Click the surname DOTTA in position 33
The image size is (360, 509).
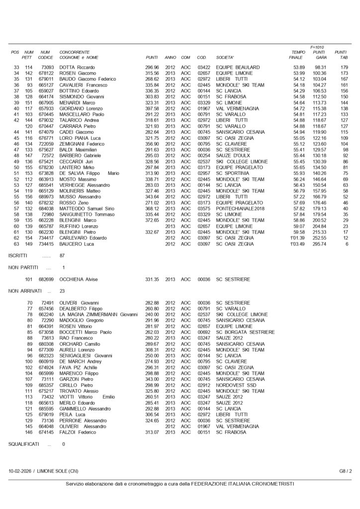[67, 67]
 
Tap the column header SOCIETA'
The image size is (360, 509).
[226, 57]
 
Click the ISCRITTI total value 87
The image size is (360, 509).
[62, 255]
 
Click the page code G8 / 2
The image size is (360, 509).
[346, 471]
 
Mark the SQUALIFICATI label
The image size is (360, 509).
[24, 444]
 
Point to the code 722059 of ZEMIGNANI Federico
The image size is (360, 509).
[46, 144]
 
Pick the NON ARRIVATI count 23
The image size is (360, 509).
[62, 291]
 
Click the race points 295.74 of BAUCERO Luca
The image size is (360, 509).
[319, 244]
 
